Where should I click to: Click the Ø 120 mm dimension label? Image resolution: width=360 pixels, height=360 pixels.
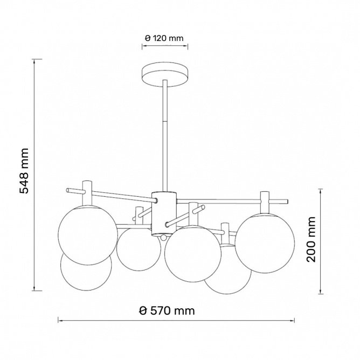click(164, 38)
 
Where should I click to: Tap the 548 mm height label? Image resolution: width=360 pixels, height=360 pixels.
click(24, 171)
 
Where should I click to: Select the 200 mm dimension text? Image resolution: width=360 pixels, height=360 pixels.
click(311, 239)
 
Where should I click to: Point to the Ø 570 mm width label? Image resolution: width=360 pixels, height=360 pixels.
click(167, 311)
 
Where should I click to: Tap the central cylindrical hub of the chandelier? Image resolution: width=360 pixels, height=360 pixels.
click(164, 213)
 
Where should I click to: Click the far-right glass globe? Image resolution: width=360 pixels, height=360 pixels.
click(265, 243)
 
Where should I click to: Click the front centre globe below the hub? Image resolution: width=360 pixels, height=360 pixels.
click(192, 254)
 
